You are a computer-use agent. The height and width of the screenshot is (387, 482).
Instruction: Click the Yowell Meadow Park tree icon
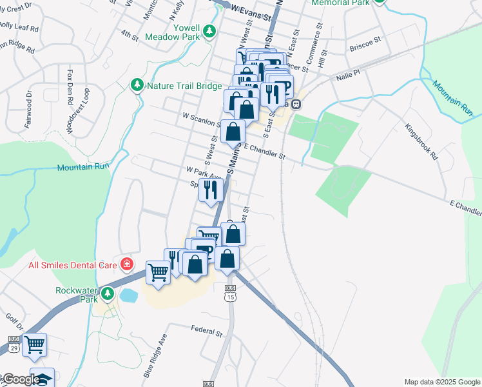209,31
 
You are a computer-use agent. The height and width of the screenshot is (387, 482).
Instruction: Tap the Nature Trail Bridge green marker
137,85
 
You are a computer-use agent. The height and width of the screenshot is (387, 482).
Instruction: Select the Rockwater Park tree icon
108,293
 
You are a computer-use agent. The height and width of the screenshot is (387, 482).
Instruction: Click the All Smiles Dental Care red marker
128,264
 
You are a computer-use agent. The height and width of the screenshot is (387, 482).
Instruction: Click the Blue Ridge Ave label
157,356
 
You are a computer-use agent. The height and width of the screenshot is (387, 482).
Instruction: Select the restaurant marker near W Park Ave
211,190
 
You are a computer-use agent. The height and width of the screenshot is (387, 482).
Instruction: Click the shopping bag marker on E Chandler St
233,132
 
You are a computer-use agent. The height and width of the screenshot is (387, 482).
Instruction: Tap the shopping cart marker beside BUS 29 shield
34,344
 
